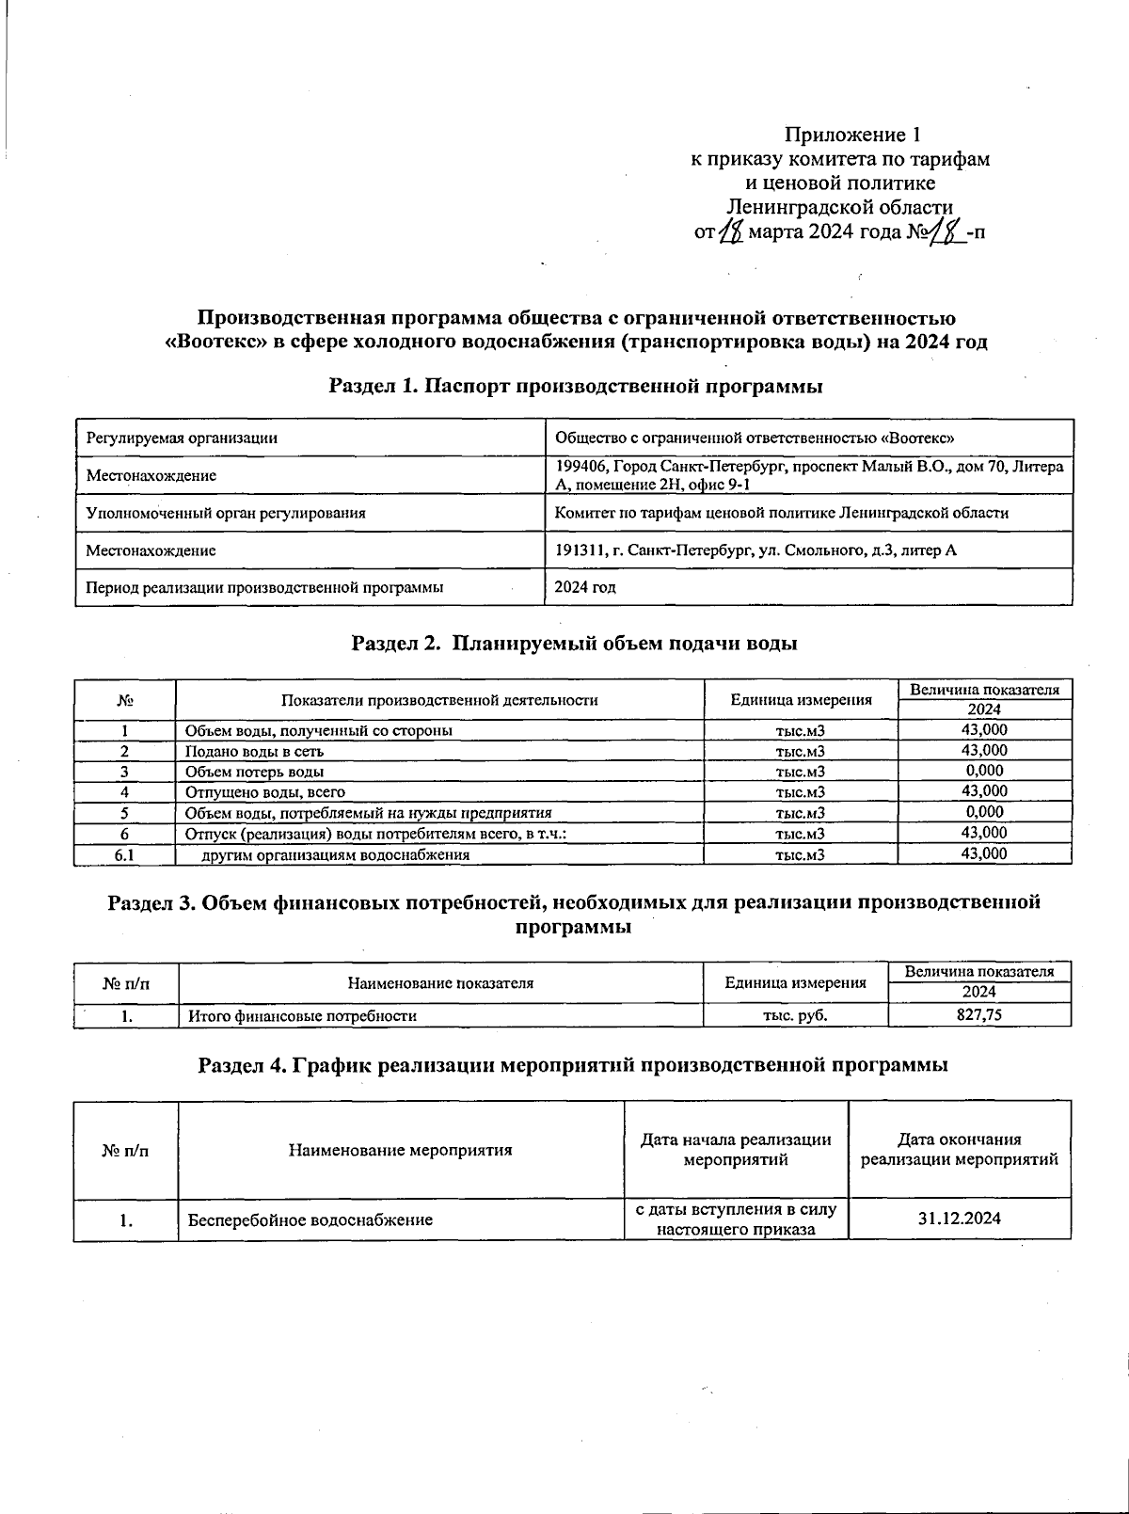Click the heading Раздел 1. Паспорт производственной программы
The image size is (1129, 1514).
click(576, 386)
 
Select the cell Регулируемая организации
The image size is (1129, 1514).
click(182, 438)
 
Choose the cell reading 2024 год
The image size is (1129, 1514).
click(585, 587)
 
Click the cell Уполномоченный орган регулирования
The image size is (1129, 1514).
click(226, 513)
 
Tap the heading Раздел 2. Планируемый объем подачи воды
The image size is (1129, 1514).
click(574, 644)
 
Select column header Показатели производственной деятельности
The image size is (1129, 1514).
click(439, 700)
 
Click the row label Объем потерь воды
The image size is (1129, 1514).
click(255, 772)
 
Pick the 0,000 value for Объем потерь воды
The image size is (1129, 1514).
click(984, 771)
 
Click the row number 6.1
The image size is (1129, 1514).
click(124, 854)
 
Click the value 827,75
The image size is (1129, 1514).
click(978, 1015)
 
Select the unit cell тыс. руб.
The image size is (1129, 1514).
click(795, 1015)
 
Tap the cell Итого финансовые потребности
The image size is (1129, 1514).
click(302, 1016)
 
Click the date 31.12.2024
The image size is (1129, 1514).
click(959, 1219)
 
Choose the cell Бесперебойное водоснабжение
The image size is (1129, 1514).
click(310, 1220)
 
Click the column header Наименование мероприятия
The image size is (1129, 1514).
click(401, 1150)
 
